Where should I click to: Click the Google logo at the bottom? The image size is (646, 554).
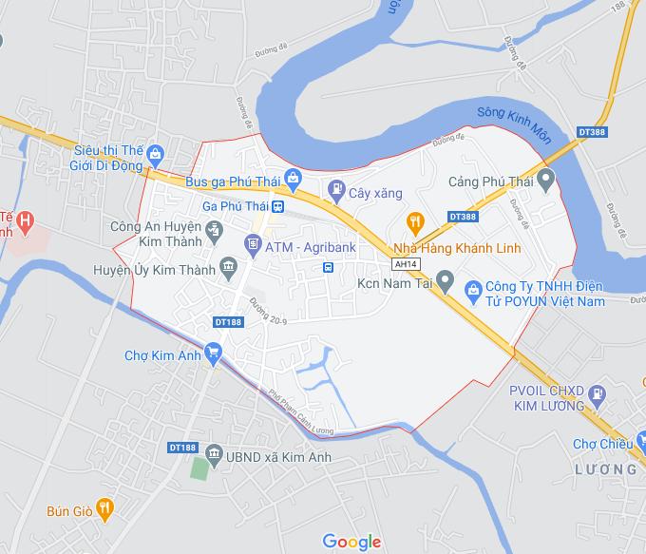(x=351, y=542)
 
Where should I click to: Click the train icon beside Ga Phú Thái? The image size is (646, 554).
(x=277, y=206)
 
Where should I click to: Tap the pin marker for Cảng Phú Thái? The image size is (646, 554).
(x=545, y=179)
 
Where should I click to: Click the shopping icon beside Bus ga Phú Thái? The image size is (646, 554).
(x=294, y=178)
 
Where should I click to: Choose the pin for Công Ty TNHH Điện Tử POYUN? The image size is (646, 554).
(x=471, y=287)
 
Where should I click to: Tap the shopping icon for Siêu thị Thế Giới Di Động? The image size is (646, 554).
(x=157, y=153)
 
